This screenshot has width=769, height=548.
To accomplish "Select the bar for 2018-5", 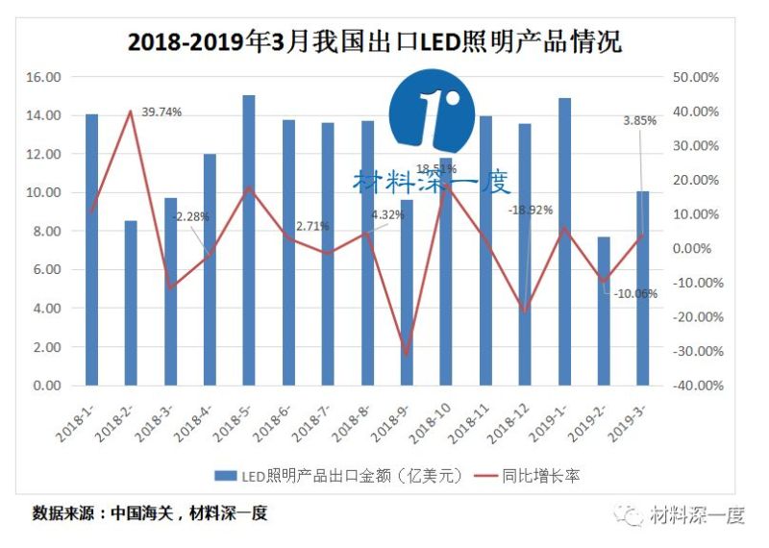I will click(249, 240).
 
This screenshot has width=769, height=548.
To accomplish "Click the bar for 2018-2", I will click(131, 303).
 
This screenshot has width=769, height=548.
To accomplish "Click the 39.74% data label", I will click(161, 112).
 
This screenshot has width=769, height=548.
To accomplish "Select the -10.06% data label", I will click(635, 294).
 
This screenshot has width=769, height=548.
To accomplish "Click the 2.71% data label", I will click(312, 226).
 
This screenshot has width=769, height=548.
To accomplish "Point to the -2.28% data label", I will click(189, 217).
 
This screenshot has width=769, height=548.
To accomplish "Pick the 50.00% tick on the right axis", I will click(692, 77).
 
